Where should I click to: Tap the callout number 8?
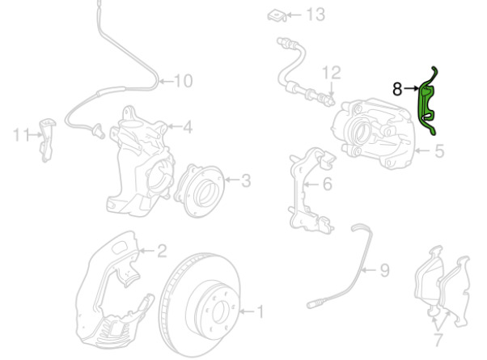point(397,88)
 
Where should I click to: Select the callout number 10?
point(184,80)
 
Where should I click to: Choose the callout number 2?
point(162,251)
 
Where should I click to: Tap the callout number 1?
point(260,310)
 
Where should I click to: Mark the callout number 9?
point(384,269)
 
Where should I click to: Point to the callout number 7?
point(437,337)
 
